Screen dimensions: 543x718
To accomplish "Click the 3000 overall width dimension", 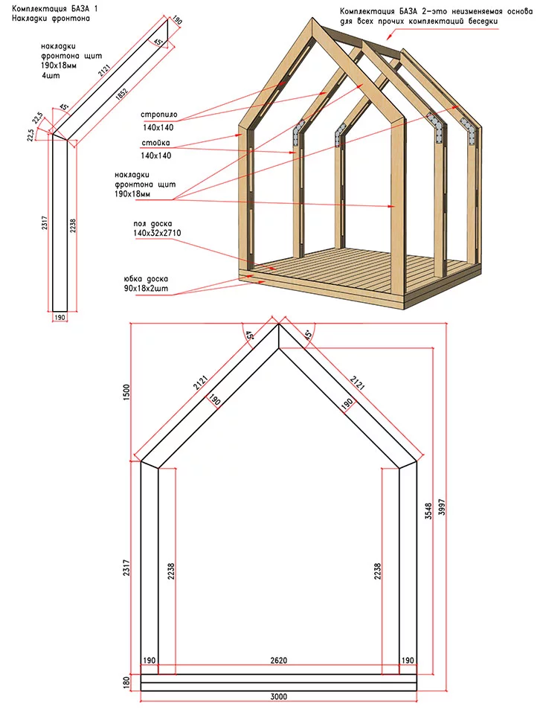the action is point(278,696).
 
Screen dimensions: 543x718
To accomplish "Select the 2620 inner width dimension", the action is point(278,660).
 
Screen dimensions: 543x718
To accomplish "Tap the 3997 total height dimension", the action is point(442,507).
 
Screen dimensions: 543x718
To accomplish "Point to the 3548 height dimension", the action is point(428,511).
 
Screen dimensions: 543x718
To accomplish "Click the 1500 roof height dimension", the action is point(126,392).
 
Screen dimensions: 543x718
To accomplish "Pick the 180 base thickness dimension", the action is point(126,682).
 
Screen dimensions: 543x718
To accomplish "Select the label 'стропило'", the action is point(159,115).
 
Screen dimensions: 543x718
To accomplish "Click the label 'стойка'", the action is point(155,143).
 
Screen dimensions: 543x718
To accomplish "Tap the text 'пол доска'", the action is point(153,224).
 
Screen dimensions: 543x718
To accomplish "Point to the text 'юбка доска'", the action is point(146,279).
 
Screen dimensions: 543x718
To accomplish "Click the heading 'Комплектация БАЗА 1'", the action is point(54,9).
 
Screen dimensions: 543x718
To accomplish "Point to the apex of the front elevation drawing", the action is point(279,324).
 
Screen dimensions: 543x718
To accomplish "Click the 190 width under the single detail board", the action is point(60,317).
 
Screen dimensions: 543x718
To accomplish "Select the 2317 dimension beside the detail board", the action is point(45,223).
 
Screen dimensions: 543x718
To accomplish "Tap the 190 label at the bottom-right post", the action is point(407,660).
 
